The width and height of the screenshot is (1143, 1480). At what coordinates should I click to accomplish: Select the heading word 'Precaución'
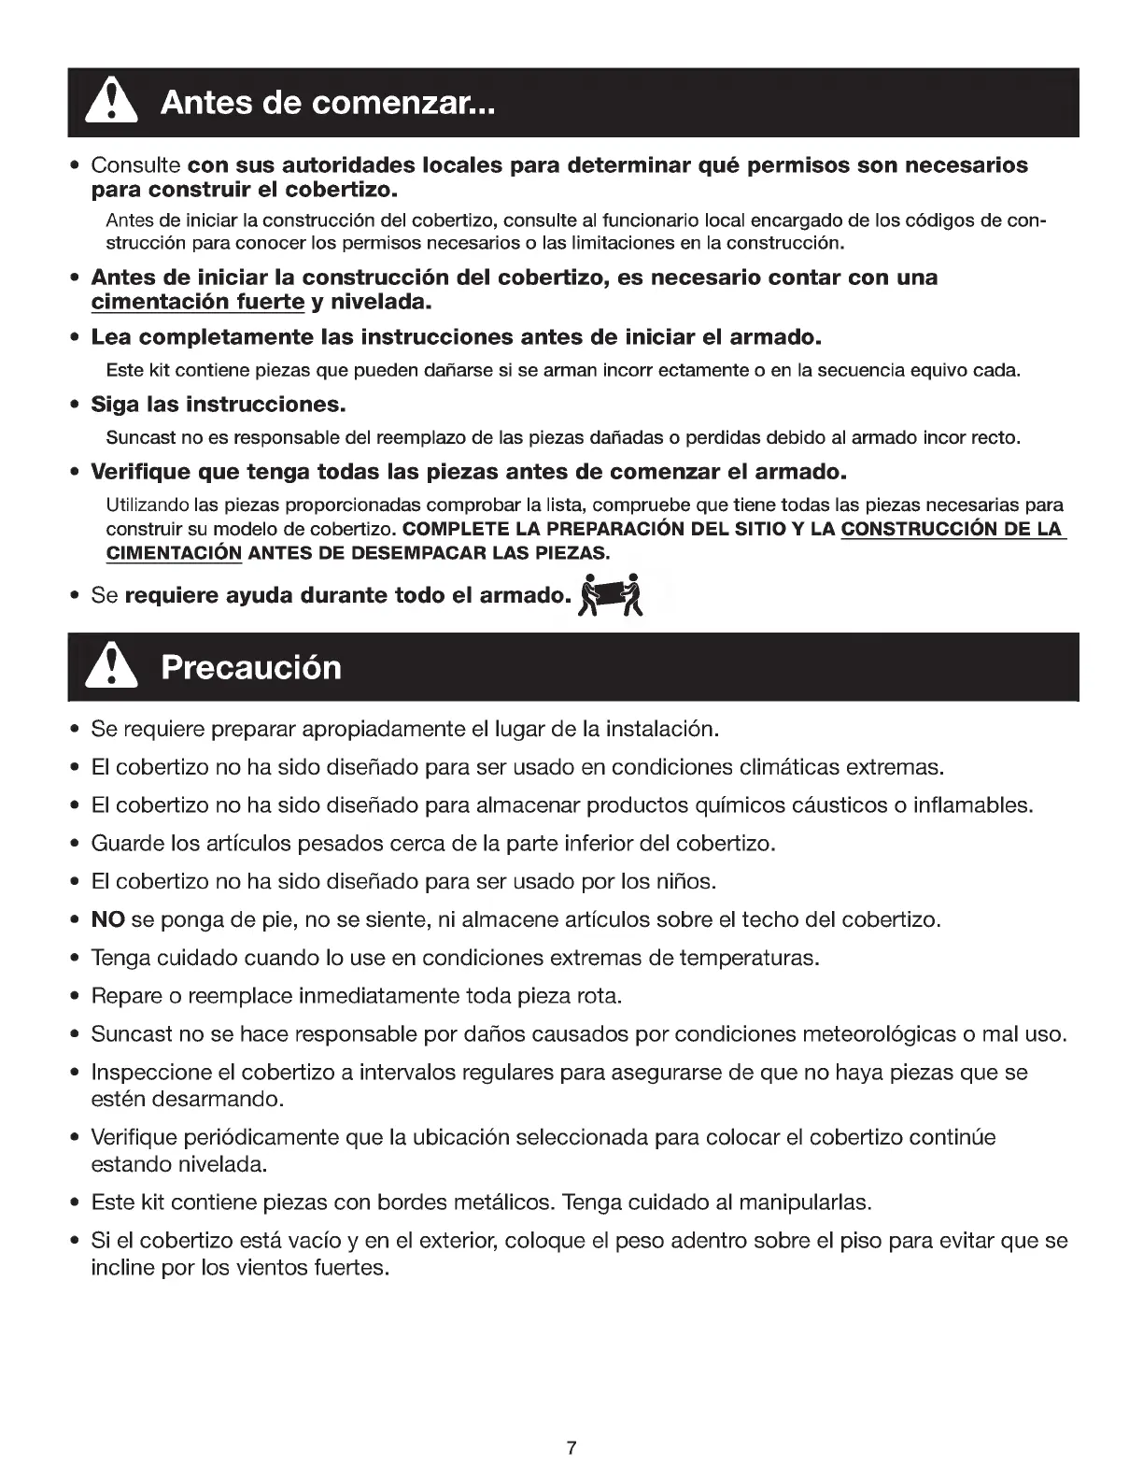[x=251, y=668]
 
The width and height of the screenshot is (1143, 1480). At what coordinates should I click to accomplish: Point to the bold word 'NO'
[x=108, y=919]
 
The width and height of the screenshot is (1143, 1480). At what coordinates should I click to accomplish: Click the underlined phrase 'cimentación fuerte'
[x=198, y=303]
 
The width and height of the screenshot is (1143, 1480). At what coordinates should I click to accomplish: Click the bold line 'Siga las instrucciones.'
[x=219, y=406]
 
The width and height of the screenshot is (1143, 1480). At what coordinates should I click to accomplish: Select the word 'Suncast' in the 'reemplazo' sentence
[x=136, y=437]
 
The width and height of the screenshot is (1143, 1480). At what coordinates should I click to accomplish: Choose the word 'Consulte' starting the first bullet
[x=136, y=166]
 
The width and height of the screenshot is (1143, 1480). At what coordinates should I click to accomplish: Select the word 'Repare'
[x=123, y=996]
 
